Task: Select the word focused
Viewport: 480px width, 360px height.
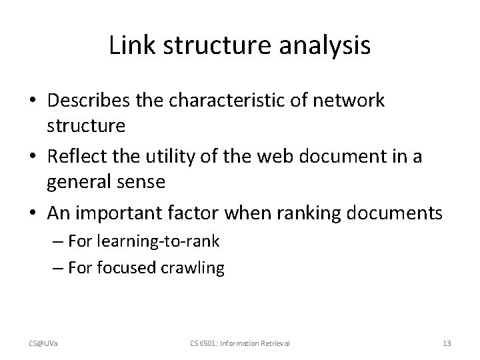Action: tap(129, 267)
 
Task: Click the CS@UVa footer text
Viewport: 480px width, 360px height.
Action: tap(42, 343)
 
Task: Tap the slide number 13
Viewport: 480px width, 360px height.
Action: tap(446, 343)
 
